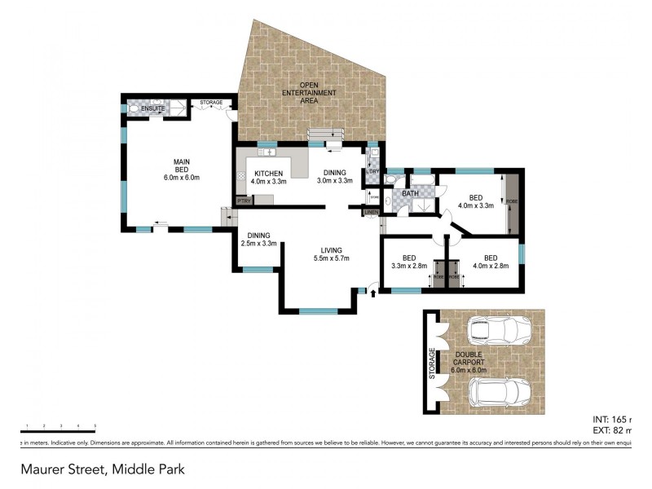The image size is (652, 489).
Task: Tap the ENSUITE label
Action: coord(152,108)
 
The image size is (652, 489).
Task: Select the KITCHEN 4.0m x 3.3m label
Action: coord(268,177)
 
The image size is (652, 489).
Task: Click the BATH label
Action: coord(410,193)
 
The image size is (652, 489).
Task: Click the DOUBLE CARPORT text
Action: coord(469,359)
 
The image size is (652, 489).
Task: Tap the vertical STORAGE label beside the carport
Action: coord(432,363)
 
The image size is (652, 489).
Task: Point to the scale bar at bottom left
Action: coord(58,430)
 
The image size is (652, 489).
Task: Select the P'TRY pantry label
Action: coord(243,200)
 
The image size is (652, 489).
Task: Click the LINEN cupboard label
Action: coord(371,213)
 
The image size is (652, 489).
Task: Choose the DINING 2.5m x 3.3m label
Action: coord(259,238)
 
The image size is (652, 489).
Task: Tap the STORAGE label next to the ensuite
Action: coord(211,103)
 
